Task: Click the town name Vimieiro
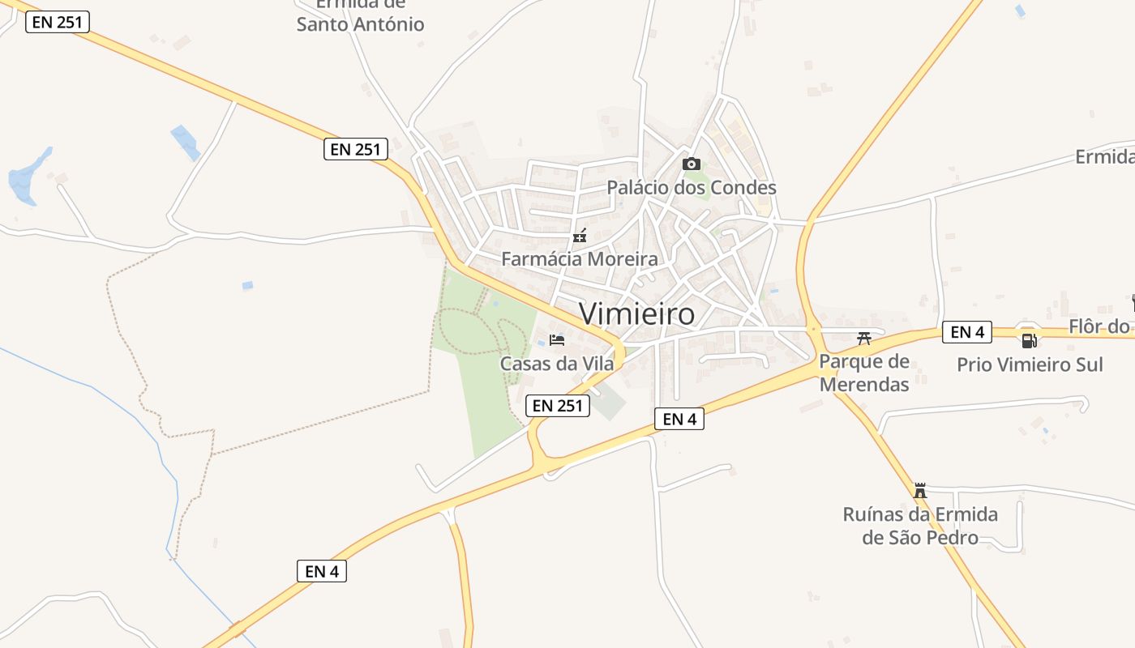[x=637, y=313]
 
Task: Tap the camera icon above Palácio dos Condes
[x=691, y=164]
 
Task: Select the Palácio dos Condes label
[x=692, y=188]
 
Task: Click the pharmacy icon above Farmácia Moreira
[x=580, y=237]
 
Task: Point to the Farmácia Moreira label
[x=580, y=259]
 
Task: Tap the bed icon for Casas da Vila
[x=557, y=339]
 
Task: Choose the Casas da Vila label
[x=557, y=364]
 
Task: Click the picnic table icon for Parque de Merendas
[x=863, y=339]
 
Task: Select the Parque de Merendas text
[x=864, y=373]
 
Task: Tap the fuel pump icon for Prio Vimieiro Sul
[x=1029, y=340]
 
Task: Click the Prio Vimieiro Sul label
[x=1030, y=364]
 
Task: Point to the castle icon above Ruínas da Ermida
[x=920, y=490]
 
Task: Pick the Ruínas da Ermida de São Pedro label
[x=920, y=526]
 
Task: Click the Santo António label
[x=360, y=23]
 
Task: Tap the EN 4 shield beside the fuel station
[x=966, y=332]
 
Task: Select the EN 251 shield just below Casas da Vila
[x=558, y=406]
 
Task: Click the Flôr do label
[x=1099, y=326]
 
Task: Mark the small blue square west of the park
[x=247, y=285]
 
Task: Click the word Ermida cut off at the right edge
[x=1104, y=156]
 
